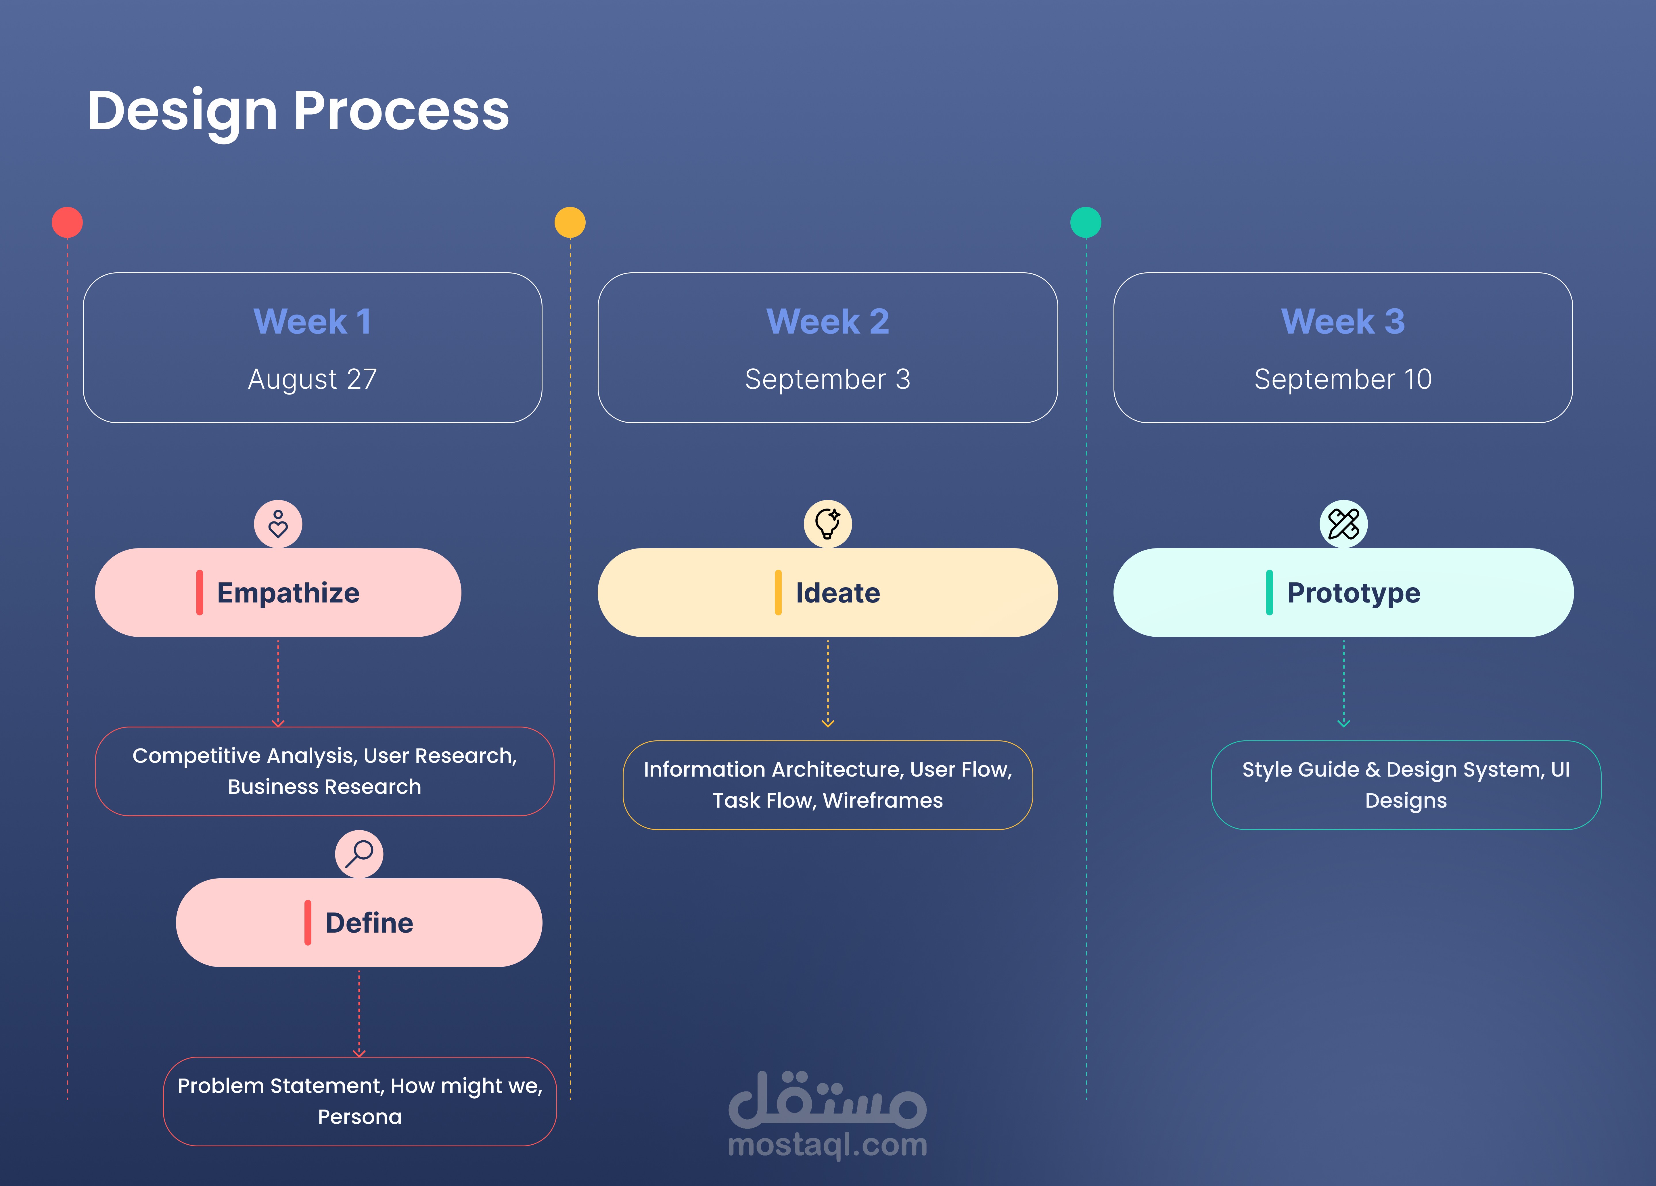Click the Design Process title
pos(298,111)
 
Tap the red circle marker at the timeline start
pos(67,222)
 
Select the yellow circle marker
pos(570,222)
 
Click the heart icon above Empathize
pos(277,524)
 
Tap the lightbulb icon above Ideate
pos(827,524)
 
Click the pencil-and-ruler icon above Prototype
pos(1343,524)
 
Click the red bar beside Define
pos(307,923)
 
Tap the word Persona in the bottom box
pos(359,1117)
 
